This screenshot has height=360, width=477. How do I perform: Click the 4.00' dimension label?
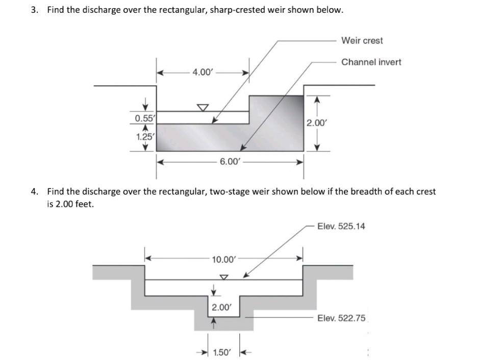[202, 73]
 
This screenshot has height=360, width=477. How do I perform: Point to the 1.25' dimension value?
[145, 136]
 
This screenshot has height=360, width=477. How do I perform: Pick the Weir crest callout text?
[362, 40]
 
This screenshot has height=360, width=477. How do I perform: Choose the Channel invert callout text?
[371, 62]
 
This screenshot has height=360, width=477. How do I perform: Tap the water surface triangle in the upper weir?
[203, 107]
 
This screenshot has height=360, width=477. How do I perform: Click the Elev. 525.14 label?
[341, 226]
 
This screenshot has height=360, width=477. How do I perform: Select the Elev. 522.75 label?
[341, 318]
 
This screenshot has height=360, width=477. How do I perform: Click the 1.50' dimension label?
[222, 352]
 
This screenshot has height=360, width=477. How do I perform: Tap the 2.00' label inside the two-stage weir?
[221, 307]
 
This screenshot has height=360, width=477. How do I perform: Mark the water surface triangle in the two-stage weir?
[223, 277]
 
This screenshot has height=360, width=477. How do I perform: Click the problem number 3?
[34, 10]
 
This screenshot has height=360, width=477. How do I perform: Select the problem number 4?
[34, 192]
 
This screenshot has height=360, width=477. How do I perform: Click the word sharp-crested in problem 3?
[195, 10]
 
